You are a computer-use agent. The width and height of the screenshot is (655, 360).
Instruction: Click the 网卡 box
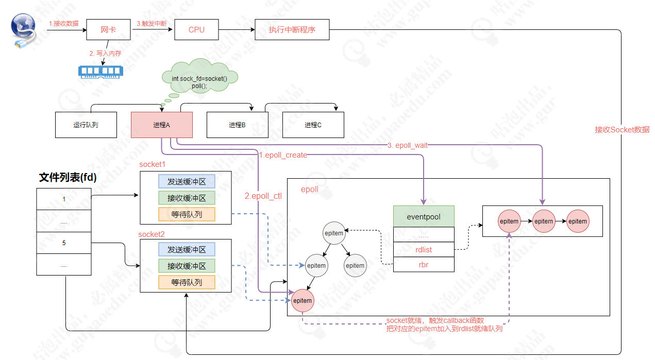pyautogui.click(x=109, y=30)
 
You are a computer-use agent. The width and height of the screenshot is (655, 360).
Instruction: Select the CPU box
pyautogui.click(x=196, y=30)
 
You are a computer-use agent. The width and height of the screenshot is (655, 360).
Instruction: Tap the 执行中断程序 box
pyautogui.click(x=292, y=30)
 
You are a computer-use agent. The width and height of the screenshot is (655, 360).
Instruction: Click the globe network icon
pyautogui.click(x=24, y=28)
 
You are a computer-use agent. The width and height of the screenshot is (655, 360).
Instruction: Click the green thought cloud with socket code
pyautogui.click(x=199, y=80)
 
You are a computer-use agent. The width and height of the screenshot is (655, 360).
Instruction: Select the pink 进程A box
pyautogui.click(x=161, y=125)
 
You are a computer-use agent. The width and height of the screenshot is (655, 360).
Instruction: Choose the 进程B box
pyautogui.click(x=237, y=125)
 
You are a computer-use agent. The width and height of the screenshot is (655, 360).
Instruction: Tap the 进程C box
pyautogui.click(x=313, y=125)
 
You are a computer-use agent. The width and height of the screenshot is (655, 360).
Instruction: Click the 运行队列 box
pyautogui.click(x=86, y=125)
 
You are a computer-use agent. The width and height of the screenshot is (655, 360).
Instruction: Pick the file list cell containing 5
pyautogui.click(x=64, y=243)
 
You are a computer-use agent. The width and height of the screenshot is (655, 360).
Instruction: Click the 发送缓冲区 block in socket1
pyautogui.click(x=187, y=181)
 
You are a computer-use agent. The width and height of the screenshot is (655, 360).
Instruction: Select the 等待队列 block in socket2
pyautogui.click(x=187, y=282)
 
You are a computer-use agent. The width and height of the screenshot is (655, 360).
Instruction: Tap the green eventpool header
pyautogui.click(x=424, y=217)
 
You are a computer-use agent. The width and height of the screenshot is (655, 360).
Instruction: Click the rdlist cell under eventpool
pyautogui.click(x=424, y=249)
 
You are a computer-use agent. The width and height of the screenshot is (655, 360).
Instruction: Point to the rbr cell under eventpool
pyautogui.click(x=424, y=265)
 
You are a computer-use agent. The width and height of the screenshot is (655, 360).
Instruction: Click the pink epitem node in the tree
pyautogui.click(x=303, y=300)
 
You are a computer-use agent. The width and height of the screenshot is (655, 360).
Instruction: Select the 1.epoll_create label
pyautogui.click(x=283, y=155)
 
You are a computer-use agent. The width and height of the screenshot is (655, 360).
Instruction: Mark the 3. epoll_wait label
pyautogui.click(x=408, y=146)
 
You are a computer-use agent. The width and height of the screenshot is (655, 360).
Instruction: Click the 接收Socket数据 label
pyautogui.click(x=622, y=130)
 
